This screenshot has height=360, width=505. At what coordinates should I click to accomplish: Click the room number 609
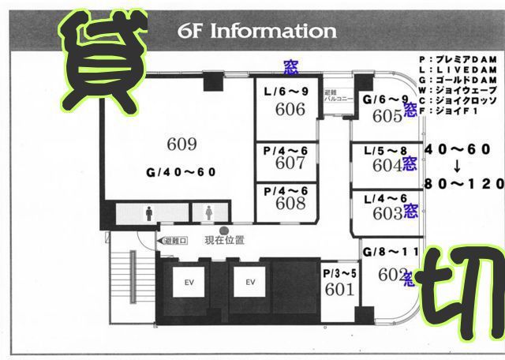tap(181, 144)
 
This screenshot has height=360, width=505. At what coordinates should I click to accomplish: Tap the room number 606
tap(290, 110)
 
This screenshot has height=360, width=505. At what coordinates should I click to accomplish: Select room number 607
tap(290, 163)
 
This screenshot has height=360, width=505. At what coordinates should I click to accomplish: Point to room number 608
tap(290, 203)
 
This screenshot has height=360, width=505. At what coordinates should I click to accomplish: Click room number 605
tap(387, 116)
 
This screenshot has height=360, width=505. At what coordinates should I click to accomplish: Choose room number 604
tap(387, 166)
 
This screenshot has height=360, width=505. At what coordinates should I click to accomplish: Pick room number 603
tap(387, 213)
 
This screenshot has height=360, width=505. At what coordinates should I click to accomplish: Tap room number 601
tap(339, 289)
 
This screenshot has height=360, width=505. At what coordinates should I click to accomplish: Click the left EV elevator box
tap(189, 282)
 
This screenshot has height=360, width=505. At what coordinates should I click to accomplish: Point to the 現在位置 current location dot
tap(223, 230)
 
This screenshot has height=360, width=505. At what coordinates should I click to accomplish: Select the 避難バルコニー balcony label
tap(335, 98)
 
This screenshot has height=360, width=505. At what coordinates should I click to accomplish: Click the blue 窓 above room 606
tap(290, 67)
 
